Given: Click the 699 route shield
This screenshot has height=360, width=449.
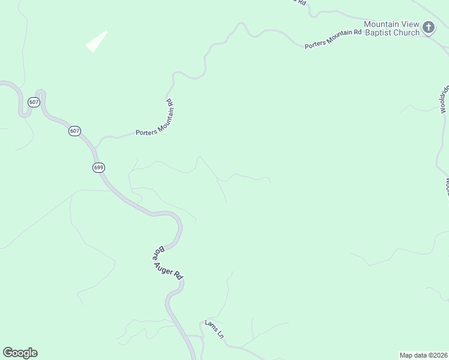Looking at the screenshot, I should (x=99, y=167).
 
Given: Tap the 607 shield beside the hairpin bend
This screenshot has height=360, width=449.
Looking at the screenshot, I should (x=34, y=103).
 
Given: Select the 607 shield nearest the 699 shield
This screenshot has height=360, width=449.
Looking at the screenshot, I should (x=74, y=131).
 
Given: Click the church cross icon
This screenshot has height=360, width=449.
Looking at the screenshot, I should (x=428, y=27).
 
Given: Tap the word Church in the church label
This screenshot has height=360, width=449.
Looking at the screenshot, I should (x=406, y=33).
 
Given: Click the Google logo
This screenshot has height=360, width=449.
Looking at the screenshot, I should (x=20, y=353).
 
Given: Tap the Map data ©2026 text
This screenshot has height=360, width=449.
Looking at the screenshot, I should (x=423, y=355).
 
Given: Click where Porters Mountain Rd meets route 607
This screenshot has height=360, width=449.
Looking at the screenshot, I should (x=96, y=146).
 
